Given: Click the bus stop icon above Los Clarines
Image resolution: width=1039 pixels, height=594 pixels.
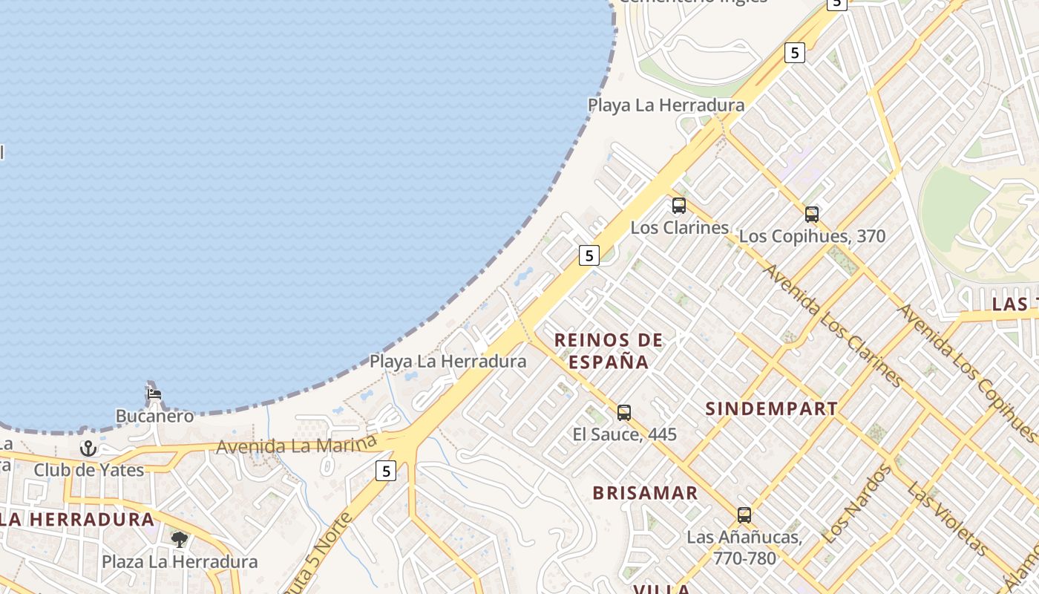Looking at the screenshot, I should point(678,206).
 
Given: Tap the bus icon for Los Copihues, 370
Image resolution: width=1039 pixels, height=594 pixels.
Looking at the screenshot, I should point(812,215).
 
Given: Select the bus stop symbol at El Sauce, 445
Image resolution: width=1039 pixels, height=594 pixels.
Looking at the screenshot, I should point(624,412).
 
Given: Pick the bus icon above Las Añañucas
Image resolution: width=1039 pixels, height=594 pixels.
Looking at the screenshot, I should point(744,515).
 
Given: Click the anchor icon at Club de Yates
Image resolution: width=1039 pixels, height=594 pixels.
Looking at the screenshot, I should point(88,448).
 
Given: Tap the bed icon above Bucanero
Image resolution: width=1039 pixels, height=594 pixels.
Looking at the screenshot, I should point(154,394).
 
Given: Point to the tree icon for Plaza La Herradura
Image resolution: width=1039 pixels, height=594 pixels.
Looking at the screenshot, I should point(179,539).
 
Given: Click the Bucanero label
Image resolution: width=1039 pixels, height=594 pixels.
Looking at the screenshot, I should point(154,416).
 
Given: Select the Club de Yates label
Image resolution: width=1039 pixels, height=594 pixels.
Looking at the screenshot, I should point(88,470).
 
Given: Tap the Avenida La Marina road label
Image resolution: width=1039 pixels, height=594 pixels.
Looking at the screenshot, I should point(296,446).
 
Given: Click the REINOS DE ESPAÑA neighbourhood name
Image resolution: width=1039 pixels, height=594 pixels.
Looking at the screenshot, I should point(609,351).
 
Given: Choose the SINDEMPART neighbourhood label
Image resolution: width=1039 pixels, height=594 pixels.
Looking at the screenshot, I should point(771,408).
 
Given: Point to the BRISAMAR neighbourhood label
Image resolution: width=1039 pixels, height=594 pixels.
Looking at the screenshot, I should point(645,493).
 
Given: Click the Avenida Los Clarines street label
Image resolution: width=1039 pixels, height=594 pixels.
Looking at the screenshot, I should point(833,325).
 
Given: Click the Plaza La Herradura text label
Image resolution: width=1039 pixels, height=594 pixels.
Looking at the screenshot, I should point(180,561).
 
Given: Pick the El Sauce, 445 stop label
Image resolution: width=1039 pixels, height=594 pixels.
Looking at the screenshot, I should point(624,434).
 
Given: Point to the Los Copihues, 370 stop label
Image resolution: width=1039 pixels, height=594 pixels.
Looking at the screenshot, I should point(812,236).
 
